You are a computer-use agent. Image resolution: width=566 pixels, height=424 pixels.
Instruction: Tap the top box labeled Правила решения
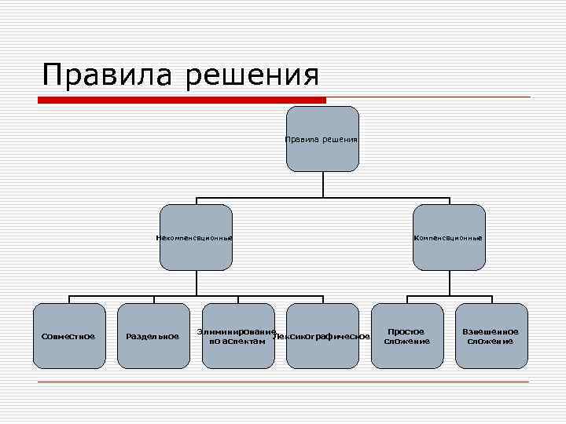pos(322,139)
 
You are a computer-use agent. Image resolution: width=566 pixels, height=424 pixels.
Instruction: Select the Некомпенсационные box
pos(196,237)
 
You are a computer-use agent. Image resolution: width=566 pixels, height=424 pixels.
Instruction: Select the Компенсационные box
pos(450,237)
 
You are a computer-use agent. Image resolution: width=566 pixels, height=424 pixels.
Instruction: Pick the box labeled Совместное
pos(69,336)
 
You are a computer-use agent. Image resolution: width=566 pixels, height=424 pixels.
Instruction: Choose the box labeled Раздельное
pos(153,336)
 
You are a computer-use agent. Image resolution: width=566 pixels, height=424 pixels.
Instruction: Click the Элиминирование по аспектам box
pos(238,336)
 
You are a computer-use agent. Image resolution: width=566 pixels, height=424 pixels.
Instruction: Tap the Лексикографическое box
pos(323,336)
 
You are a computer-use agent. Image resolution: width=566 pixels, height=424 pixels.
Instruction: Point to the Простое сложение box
pos(407,336)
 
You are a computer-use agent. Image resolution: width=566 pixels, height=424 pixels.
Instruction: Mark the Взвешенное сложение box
pos(492,336)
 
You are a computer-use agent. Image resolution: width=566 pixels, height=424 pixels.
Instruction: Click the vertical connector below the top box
pos(323,184)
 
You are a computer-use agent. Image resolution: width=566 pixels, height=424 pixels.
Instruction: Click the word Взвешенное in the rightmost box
pos(491,331)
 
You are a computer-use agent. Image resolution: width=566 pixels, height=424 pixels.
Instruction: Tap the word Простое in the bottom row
pos(406,331)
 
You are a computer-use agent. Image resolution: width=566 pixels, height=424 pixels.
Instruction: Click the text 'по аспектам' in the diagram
pos(231,342)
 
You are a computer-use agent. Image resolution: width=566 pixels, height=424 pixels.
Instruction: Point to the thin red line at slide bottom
pos(283,382)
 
